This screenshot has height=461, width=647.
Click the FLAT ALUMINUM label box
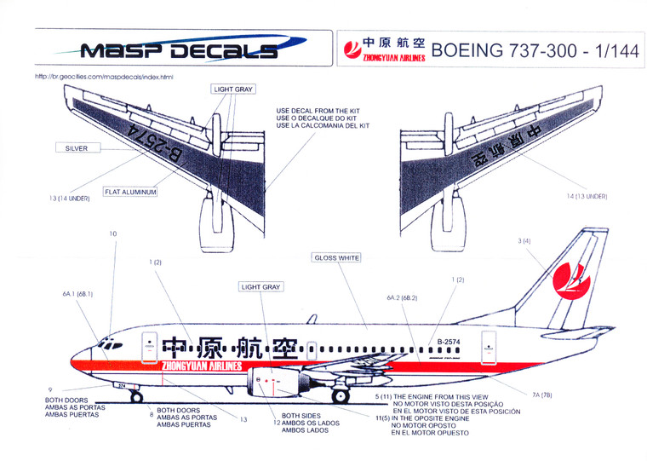pos(130,193)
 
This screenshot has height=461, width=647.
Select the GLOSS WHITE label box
pos(337,257)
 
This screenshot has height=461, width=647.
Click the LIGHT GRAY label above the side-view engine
pos(261,287)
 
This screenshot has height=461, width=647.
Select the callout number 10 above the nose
pos(113,233)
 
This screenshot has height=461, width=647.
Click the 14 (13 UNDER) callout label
pos(586,196)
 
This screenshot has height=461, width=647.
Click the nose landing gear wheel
pos(136,397)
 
